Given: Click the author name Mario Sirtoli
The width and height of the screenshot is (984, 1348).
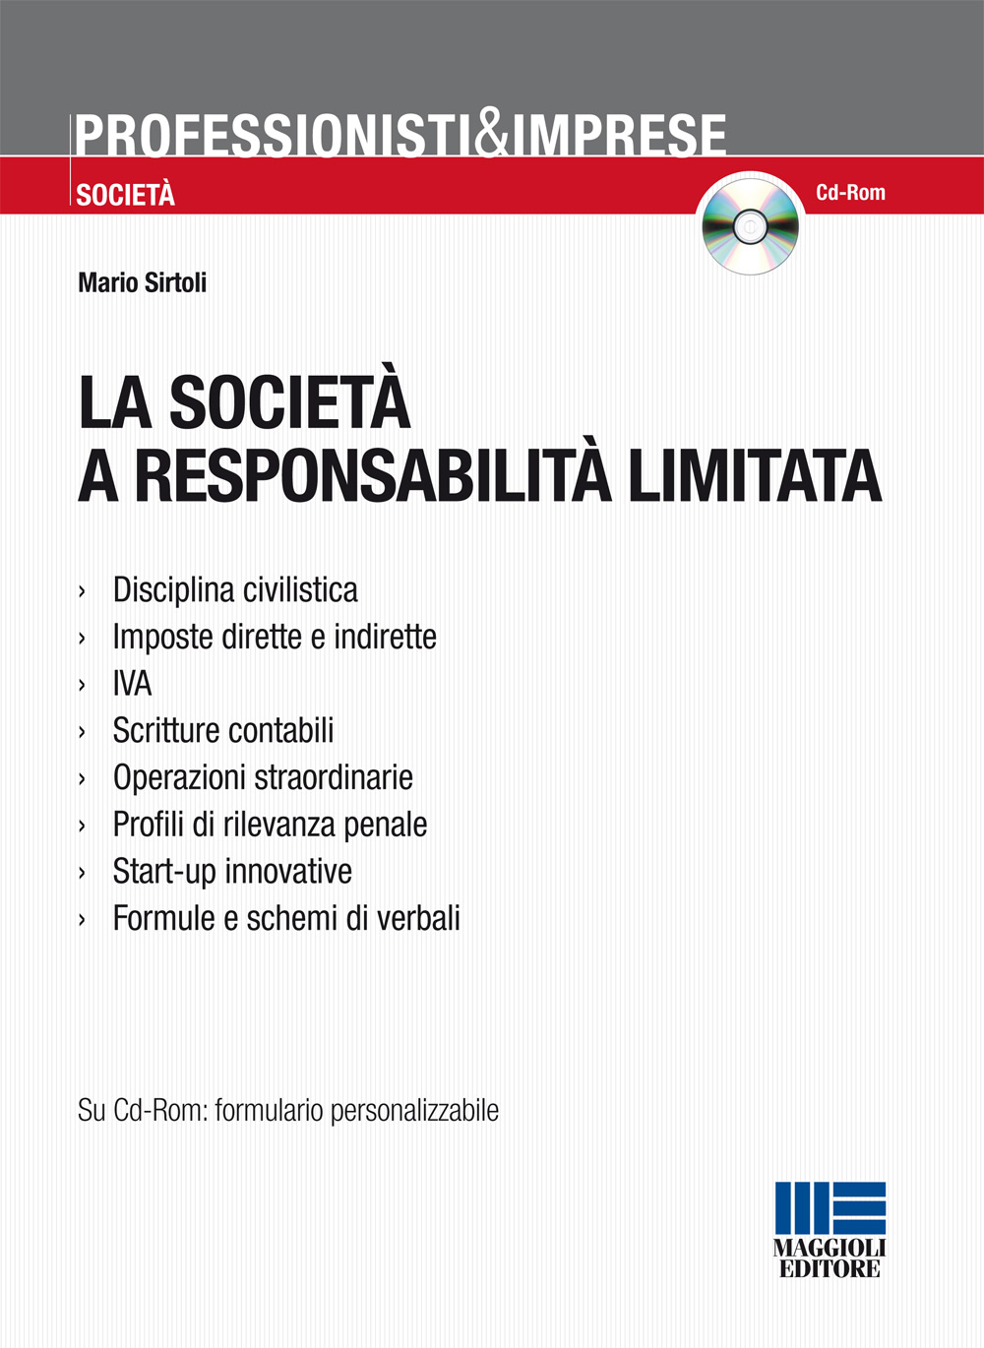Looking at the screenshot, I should pyautogui.click(x=143, y=282).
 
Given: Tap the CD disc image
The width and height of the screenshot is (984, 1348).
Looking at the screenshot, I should pyautogui.click(x=750, y=226).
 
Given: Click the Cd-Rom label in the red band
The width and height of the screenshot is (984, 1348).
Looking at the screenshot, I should pyautogui.click(x=850, y=193).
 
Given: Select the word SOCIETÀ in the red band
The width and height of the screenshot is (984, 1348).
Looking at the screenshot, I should pyautogui.click(x=126, y=195).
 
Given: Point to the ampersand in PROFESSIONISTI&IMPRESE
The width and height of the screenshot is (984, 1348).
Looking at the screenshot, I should pyautogui.click(x=491, y=135).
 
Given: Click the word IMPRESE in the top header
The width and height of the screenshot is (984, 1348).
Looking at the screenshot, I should pyautogui.click(x=619, y=136).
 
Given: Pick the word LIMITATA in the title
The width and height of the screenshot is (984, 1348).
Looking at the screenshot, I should pyautogui.click(x=755, y=476).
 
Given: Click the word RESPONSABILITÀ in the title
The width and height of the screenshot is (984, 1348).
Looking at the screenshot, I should pyautogui.click(x=372, y=476).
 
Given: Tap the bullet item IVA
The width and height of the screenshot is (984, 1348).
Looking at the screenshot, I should pyautogui.click(x=133, y=683).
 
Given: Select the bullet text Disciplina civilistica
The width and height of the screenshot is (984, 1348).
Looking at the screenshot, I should pyautogui.click(x=235, y=589).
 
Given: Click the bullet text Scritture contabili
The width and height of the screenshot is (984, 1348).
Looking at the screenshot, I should pyautogui.click(x=223, y=730).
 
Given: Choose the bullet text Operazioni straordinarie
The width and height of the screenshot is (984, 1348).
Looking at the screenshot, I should pyautogui.click(x=263, y=777).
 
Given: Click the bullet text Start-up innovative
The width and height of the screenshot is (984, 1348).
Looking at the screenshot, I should pyautogui.click(x=232, y=871).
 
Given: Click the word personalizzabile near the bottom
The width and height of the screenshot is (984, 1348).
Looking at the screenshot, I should pyautogui.click(x=414, y=1111).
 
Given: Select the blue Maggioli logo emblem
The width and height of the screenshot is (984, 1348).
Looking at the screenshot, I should pyautogui.click(x=830, y=1209).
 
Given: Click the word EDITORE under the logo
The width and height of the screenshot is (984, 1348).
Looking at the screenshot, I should pyautogui.click(x=830, y=1269).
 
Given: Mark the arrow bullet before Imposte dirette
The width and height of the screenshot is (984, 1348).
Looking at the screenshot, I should pyautogui.click(x=83, y=638).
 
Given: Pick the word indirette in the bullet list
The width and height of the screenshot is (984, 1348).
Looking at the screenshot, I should pyautogui.click(x=385, y=637).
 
